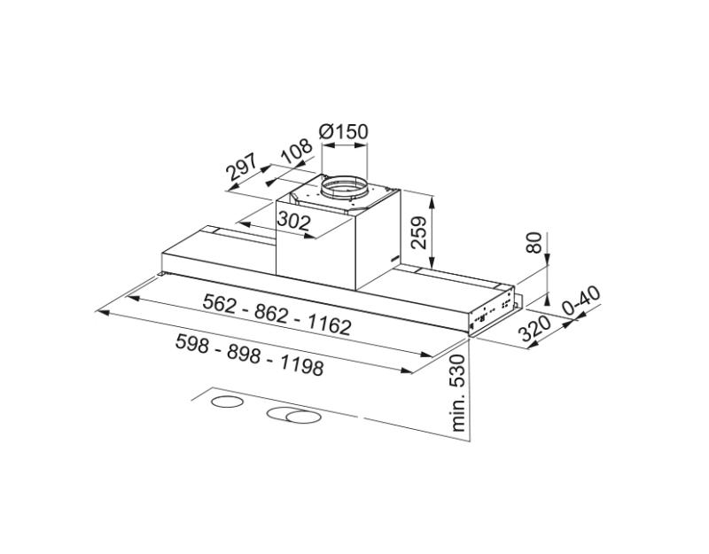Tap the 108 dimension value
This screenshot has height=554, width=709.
296,152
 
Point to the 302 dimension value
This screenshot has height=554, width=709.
293,221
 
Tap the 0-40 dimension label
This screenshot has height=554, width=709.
581,301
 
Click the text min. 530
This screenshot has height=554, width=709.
458,392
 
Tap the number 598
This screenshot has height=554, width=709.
192,343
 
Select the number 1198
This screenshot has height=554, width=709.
298,364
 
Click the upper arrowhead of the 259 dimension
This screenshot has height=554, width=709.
432,197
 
